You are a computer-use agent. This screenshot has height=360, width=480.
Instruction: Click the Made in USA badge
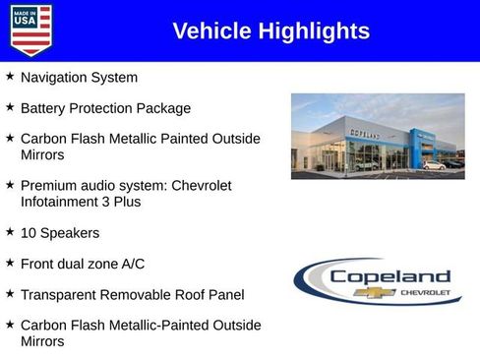(30, 30)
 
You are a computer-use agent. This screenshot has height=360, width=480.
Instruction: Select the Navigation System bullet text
(79, 77)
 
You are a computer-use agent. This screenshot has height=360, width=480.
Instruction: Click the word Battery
(44, 108)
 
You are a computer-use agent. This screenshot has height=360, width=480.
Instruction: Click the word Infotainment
(64, 202)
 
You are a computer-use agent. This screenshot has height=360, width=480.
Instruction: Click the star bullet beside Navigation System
(10, 76)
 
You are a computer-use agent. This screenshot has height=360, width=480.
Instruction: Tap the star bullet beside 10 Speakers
(10, 232)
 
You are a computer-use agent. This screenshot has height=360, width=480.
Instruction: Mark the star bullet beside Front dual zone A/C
(10, 263)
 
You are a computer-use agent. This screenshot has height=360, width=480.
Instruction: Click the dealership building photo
(378, 136)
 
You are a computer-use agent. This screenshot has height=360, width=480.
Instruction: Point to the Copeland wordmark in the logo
(390, 276)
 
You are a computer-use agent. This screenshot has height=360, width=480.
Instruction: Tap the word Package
(164, 108)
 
